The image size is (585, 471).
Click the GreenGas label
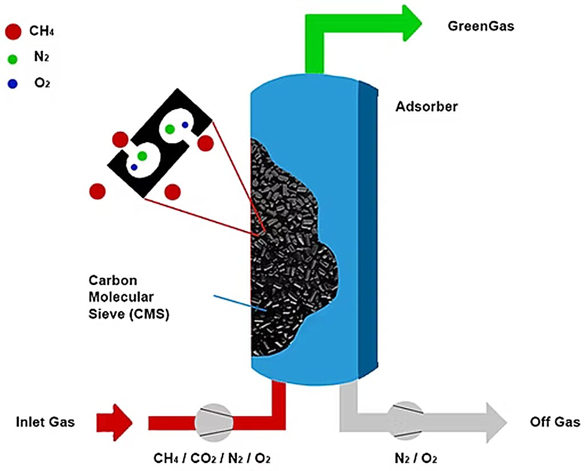481,26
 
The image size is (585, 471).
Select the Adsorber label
426,106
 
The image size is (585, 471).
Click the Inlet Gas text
45,422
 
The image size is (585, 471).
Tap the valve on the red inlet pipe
213,423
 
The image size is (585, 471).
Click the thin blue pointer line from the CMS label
240,303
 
